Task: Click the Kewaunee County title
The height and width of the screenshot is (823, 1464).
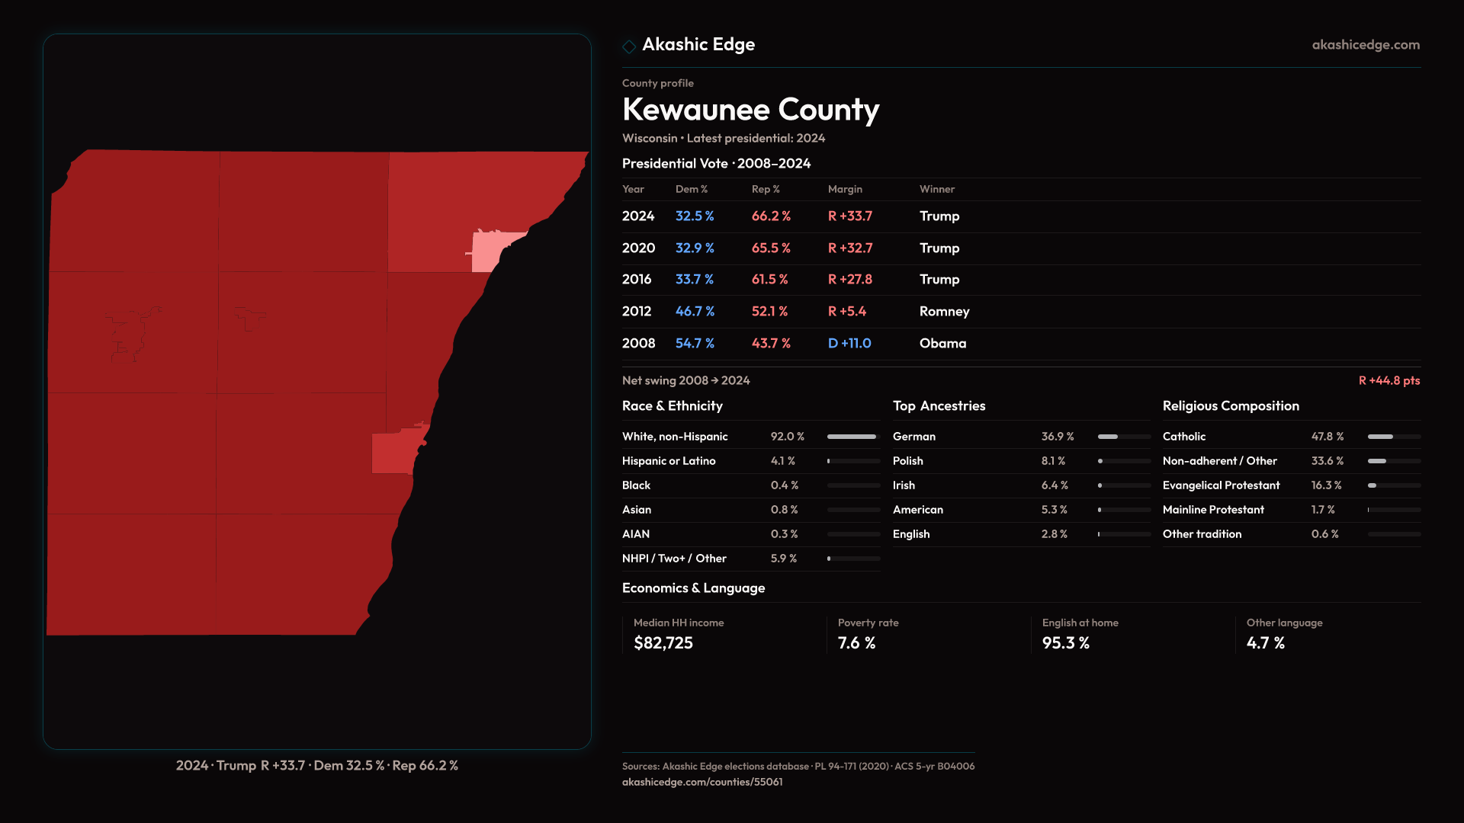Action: tap(750, 110)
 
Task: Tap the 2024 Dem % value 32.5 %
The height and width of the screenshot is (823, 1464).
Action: tap(694, 216)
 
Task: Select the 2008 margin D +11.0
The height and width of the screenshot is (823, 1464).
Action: tap(849, 344)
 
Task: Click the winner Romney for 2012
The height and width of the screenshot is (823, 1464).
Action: tap(944, 312)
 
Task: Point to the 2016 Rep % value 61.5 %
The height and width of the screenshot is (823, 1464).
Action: tap(769, 280)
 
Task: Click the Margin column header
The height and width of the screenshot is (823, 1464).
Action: tap(845, 189)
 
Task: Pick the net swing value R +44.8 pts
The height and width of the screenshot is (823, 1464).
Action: tap(1389, 380)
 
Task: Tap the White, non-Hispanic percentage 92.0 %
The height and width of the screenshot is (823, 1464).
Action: tap(787, 437)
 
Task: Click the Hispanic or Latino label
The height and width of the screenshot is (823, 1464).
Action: tap(668, 461)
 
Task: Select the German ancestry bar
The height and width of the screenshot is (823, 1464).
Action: tap(1124, 437)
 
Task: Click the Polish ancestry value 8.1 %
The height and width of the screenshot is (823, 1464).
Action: tap(1053, 461)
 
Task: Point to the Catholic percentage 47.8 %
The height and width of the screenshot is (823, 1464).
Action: tap(1327, 437)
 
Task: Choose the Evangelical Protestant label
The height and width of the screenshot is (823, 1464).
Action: tap(1221, 485)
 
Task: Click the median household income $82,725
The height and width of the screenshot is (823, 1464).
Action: tap(663, 643)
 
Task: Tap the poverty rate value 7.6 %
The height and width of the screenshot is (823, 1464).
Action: tap(856, 643)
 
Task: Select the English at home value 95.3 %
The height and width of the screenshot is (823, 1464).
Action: tap(1065, 643)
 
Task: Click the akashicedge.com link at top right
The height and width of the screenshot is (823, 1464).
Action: tap(1366, 45)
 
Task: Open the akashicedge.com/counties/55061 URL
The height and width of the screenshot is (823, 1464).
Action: tap(701, 782)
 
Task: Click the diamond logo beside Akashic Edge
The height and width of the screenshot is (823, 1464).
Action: tap(629, 46)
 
